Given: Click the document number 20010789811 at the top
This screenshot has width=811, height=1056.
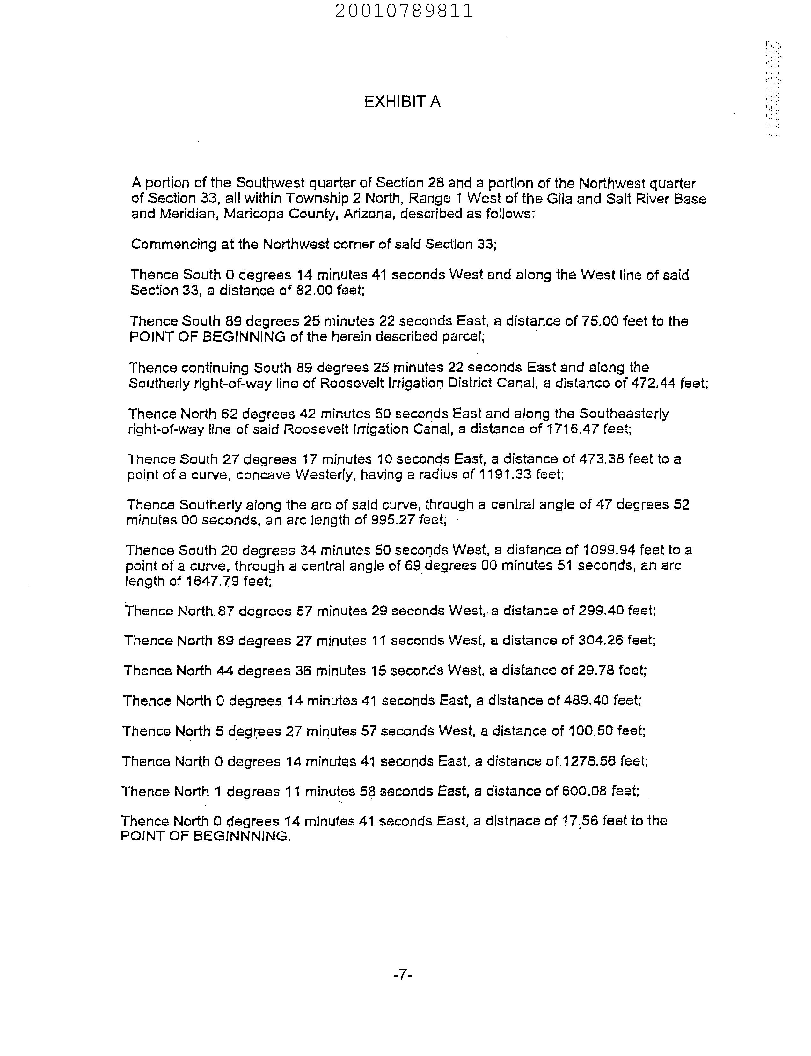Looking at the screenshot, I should [x=404, y=11].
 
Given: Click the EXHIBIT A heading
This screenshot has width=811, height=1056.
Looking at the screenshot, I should [x=402, y=102].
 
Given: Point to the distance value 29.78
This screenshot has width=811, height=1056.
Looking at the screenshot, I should [x=597, y=671].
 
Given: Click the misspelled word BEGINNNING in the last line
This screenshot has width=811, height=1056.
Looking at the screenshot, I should [x=241, y=837].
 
